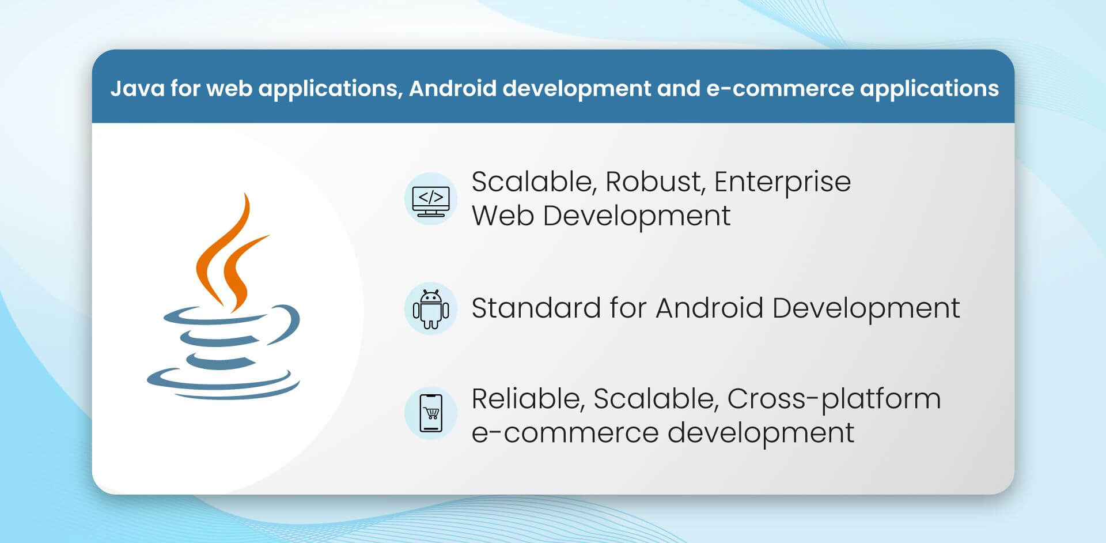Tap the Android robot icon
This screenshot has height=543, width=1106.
coord(431,309)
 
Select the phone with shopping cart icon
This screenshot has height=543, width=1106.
coord(431,413)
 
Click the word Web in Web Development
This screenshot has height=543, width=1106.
coord(502,216)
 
